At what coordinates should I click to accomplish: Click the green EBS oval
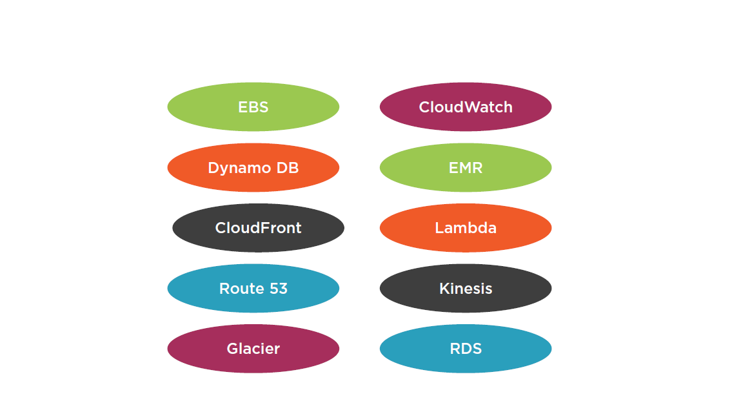click(253, 107)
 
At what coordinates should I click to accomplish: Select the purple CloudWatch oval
click(466, 107)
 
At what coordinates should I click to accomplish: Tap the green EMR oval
click(466, 167)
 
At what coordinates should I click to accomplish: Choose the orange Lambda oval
click(466, 228)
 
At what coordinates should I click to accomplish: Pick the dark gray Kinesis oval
click(466, 288)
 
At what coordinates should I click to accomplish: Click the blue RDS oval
click(466, 349)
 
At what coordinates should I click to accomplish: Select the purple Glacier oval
click(253, 349)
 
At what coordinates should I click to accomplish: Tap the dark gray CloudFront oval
click(258, 228)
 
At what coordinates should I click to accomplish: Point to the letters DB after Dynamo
click(288, 167)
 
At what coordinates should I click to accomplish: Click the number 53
click(278, 289)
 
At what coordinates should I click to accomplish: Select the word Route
click(242, 289)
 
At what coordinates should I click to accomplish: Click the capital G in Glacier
click(232, 349)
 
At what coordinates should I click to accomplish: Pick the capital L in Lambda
click(439, 228)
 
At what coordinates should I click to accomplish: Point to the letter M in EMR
click(466, 167)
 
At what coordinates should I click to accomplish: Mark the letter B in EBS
click(253, 107)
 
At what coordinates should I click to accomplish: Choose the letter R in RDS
click(455, 349)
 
